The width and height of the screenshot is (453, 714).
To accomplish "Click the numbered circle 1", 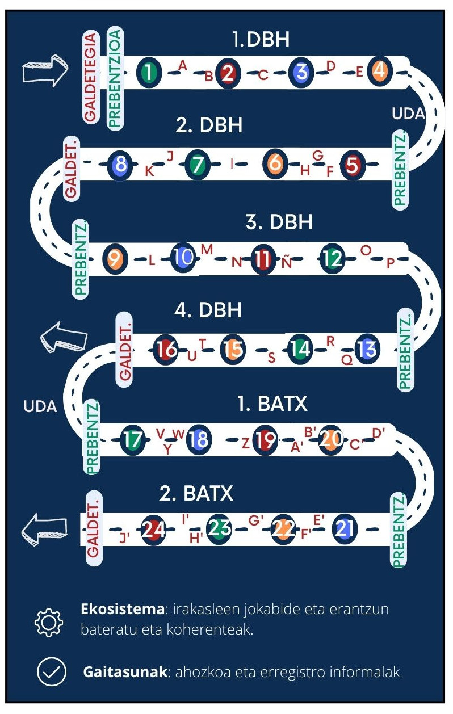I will pos(149,72).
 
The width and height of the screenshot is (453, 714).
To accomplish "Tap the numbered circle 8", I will pos(120,165).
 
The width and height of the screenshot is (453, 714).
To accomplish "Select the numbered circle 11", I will pos(262,259).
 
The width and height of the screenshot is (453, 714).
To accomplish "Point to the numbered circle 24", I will pos(153,530).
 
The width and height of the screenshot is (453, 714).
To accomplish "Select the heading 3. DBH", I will pos(279,222).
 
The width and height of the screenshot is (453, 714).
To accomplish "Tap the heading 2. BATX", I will pos(196,493).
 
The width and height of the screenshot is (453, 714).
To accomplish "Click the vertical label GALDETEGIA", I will pos(91,77).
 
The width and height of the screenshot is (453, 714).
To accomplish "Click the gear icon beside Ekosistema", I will pos(49,623).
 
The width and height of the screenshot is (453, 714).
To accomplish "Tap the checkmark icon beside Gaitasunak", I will pos(49,673).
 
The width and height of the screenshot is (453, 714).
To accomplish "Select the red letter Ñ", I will pos(287,262).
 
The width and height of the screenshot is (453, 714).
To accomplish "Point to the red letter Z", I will pos(245,443).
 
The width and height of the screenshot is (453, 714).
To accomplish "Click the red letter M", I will pos(207,249).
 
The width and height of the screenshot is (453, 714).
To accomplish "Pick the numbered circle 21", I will pos(346,528).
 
